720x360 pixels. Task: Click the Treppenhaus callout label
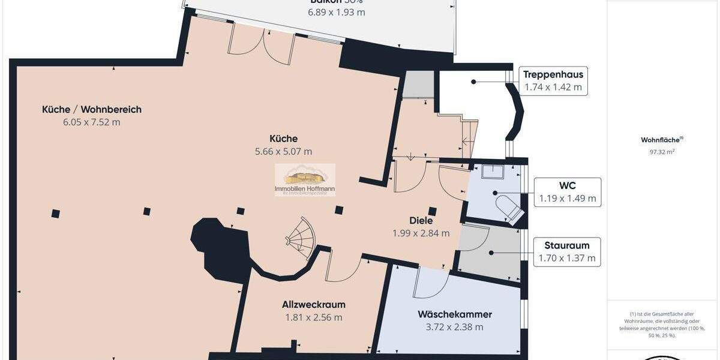click(553, 80)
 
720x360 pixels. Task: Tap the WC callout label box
click(567, 192)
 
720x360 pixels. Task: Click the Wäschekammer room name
click(455, 314)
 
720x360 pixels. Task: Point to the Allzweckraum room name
click(314, 305)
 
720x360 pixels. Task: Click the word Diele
click(421, 221)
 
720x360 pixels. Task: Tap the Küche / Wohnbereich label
click(92, 109)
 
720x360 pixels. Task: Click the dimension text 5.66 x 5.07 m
click(284, 152)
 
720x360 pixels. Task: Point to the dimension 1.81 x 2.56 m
click(314, 317)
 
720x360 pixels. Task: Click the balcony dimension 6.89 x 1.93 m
click(337, 12)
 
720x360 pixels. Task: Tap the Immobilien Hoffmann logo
click(305, 179)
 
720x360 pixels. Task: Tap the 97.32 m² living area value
click(662, 152)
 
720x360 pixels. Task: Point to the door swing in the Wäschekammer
click(429, 284)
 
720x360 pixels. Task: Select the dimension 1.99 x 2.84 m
click(421, 233)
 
